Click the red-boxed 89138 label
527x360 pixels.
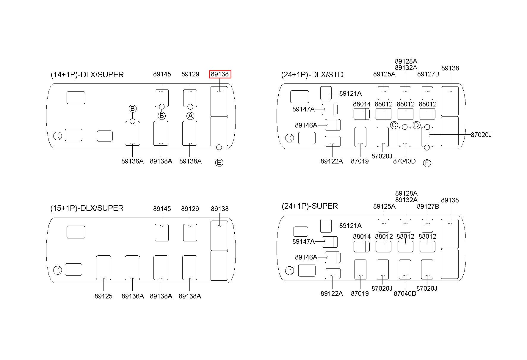220,74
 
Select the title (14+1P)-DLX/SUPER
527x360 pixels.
87,74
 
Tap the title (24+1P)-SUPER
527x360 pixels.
310,206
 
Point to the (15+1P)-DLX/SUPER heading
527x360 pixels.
87,208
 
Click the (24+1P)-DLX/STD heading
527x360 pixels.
312,74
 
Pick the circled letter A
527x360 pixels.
190,116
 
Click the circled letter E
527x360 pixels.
219,163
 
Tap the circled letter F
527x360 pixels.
427,163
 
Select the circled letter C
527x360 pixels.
394,125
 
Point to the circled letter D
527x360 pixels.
416,125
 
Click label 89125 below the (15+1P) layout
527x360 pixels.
103,296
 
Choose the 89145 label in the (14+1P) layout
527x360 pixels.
162,74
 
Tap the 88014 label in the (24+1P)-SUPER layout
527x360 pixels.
362,236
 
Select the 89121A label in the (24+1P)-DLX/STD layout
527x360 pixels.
350,93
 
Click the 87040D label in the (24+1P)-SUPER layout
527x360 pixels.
405,293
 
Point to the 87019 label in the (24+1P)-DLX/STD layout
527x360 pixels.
360,161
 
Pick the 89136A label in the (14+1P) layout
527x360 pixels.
132,161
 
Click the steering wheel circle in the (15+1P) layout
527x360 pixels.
58,271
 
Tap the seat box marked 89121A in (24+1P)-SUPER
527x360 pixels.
326,226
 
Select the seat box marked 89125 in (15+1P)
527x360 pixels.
103,268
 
